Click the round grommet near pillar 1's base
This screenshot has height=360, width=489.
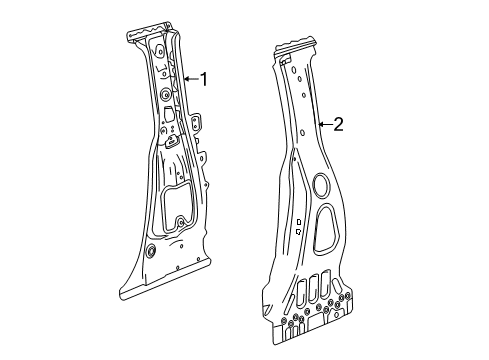pyautogui.click(x=149, y=253)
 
